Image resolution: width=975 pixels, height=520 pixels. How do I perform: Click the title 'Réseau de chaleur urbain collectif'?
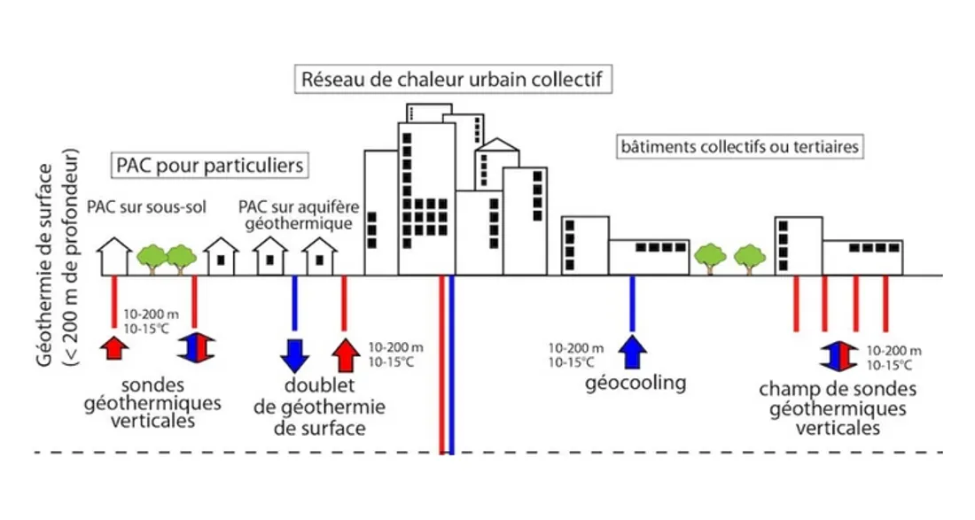click(452, 79)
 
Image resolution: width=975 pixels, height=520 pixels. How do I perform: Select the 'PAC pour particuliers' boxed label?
click(209, 166)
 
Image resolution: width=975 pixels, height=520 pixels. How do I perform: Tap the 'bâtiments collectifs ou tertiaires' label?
click(739, 147)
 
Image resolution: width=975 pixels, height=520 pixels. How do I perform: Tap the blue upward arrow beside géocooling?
click(631, 351)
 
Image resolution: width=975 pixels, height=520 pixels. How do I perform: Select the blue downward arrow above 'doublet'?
click(294, 354)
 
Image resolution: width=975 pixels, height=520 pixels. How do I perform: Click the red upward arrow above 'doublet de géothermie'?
click(346, 354)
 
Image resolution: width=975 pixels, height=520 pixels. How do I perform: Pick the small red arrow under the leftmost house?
click(113, 346)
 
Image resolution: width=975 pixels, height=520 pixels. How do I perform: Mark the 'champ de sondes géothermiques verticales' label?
click(825, 408)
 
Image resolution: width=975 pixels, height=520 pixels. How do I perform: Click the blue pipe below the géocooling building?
click(631, 301)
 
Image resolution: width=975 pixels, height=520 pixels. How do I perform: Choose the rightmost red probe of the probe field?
click(885, 303)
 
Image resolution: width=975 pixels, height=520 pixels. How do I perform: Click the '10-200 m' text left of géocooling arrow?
click(576, 348)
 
